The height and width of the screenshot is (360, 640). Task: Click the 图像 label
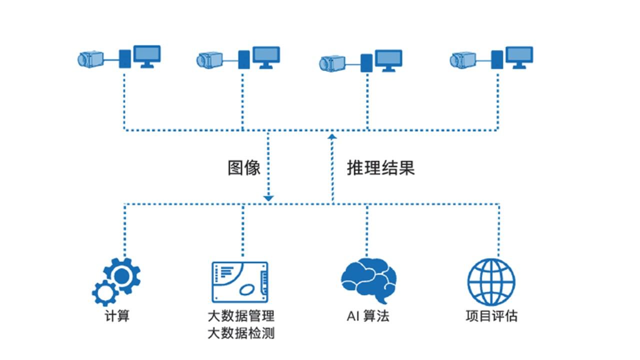point(244,168)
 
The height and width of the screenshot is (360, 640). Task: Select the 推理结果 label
point(381,168)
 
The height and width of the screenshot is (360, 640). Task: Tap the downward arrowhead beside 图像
point(268,198)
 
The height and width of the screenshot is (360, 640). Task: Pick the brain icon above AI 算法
point(368,279)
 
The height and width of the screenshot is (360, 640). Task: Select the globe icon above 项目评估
point(491,281)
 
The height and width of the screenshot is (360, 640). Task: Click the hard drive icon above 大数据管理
point(240,281)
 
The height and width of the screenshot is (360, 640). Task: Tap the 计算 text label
point(117,316)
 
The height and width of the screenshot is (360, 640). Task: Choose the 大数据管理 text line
point(241,316)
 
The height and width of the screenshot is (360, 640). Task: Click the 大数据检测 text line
point(241,333)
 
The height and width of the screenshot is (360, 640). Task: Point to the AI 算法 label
point(368,316)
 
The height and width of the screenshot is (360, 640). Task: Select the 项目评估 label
point(491,316)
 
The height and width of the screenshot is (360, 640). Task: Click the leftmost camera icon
point(90,59)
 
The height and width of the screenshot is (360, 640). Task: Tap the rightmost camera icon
point(462,59)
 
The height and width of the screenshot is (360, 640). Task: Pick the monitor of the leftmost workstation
point(147,55)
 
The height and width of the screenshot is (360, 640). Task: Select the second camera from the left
point(209,59)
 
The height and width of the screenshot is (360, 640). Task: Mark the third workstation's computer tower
point(366,63)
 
